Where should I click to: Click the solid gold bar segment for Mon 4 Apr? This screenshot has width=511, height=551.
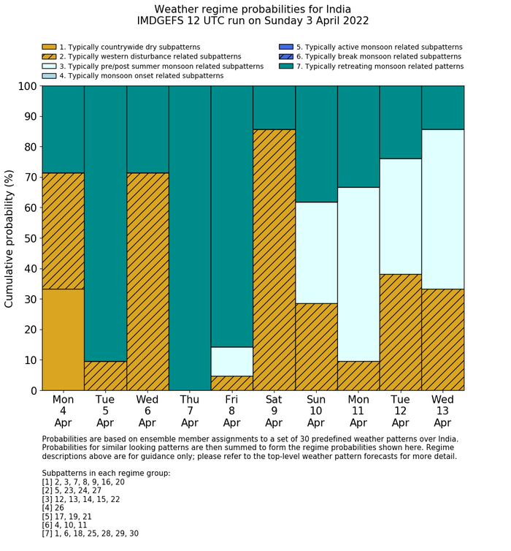63,340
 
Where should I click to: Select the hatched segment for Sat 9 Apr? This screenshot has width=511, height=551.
274,260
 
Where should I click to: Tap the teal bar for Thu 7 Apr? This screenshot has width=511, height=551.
190,238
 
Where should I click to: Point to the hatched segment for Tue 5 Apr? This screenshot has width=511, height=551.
105,376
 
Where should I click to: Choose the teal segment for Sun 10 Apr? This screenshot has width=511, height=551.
316,144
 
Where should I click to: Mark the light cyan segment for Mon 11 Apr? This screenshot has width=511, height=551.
358,274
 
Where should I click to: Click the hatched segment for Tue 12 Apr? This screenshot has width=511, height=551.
401,332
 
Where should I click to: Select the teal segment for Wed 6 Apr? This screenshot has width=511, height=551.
147,129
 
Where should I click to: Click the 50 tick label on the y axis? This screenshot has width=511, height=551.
27,238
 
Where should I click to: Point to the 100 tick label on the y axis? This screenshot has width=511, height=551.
24,86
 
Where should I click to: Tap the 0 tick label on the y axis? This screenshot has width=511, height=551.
31,391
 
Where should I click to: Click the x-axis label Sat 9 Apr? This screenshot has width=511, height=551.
274,411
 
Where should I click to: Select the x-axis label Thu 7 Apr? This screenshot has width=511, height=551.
190,411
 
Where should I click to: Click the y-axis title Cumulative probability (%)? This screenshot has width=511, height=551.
9,238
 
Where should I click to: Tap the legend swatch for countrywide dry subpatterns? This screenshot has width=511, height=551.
50,47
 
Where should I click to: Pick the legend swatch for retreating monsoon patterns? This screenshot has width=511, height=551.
286,66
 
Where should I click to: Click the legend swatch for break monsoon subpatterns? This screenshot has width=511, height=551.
286,56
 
